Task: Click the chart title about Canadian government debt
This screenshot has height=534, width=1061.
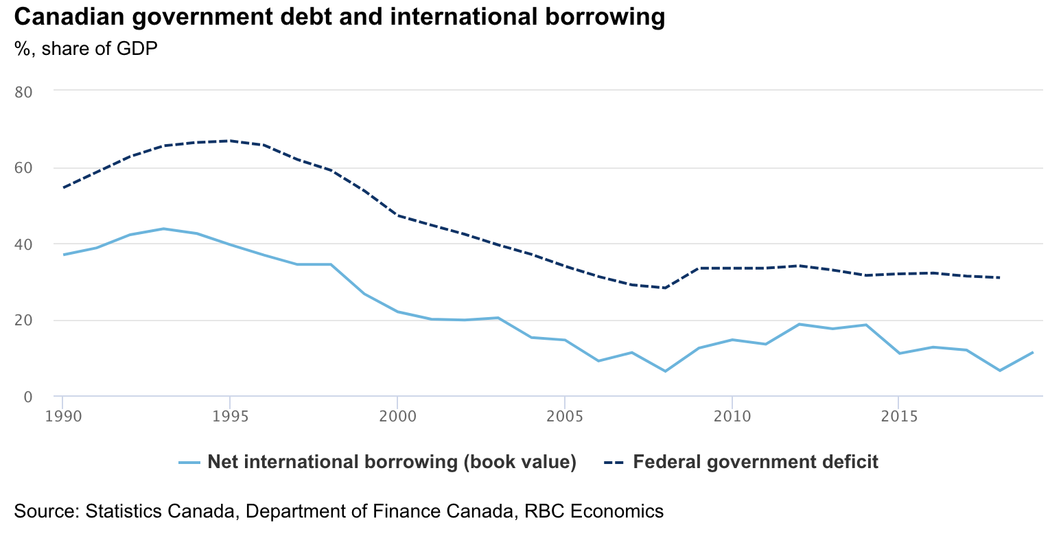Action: click(x=339, y=16)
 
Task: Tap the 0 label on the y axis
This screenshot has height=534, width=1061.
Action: click(x=27, y=397)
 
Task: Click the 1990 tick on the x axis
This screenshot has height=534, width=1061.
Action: click(x=62, y=415)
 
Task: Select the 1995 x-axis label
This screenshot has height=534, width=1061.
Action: click(x=230, y=415)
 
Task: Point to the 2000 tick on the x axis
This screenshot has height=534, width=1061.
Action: click(x=397, y=415)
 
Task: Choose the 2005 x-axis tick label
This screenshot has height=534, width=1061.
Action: click(x=564, y=415)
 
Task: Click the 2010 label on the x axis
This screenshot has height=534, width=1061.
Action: click(x=732, y=415)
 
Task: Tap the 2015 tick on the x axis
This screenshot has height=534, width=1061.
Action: click(x=898, y=415)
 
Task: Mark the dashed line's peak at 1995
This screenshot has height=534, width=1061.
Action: click(x=230, y=141)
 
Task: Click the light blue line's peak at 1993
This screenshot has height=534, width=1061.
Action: click(x=163, y=229)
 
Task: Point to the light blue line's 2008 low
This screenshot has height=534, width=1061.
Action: click(x=664, y=371)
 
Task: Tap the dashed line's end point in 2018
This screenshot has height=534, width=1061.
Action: click(x=999, y=277)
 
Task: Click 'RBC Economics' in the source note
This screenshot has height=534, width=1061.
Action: click(x=594, y=511)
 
